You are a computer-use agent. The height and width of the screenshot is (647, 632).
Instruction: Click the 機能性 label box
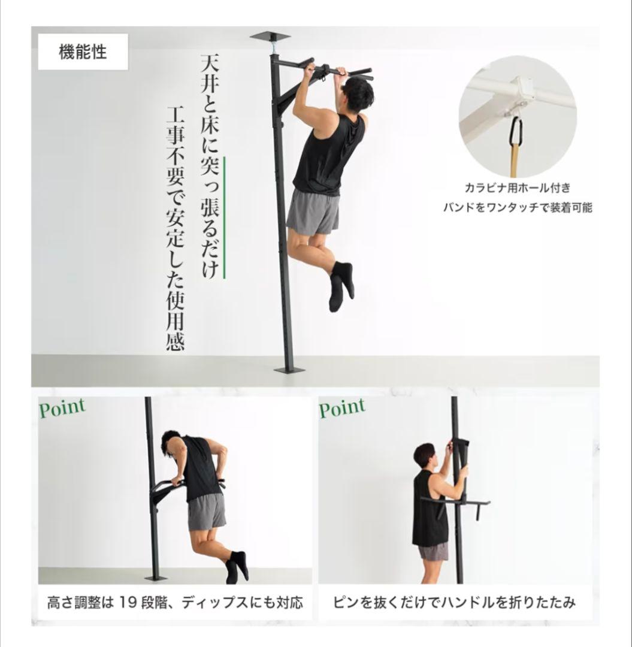coord(83,53)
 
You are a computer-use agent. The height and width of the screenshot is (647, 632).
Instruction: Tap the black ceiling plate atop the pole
coord(270,37)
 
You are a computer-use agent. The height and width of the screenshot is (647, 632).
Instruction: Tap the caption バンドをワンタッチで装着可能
coord(518,208)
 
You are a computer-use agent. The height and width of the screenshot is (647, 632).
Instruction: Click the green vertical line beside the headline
coord(225,217)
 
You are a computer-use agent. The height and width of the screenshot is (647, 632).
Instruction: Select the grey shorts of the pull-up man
coord(313,211)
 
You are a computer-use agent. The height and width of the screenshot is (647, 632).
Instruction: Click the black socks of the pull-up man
coord(341,285)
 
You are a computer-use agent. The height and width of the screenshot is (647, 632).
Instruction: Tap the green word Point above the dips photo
coord(63,409)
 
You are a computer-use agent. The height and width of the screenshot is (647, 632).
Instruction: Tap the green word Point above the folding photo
coord(342,409)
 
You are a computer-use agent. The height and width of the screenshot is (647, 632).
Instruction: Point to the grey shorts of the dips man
coord(206,513)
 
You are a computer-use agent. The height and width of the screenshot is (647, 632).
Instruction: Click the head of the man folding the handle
coord(424,456)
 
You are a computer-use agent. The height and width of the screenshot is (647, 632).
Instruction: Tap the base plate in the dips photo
coord(156,578)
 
